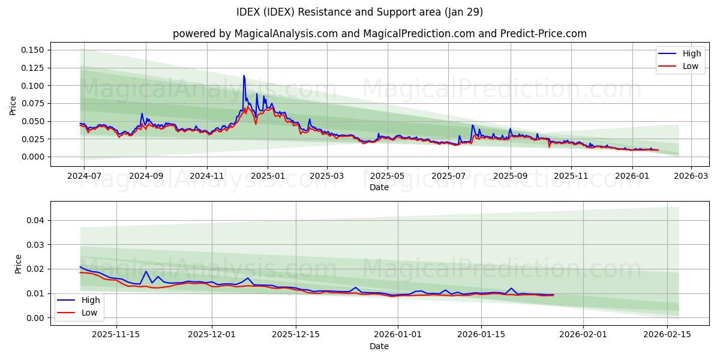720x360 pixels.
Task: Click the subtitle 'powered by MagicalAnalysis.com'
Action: tap(255, 34)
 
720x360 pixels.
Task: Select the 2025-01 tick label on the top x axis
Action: tap(267, 177)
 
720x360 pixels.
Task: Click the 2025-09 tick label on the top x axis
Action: tap(511, 177)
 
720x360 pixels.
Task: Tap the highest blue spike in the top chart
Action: tap(244, 76)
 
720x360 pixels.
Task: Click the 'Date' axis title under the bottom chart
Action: tap(379, 346)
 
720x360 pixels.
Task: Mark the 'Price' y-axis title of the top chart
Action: tap(13, 106)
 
